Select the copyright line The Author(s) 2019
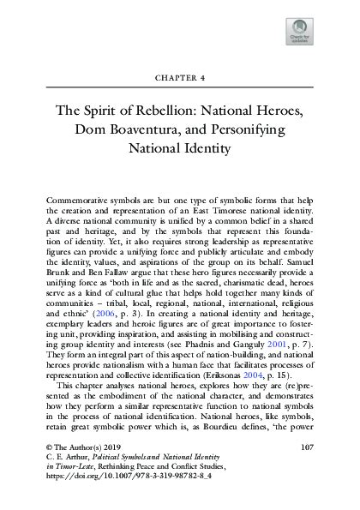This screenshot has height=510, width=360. point(70,447)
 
